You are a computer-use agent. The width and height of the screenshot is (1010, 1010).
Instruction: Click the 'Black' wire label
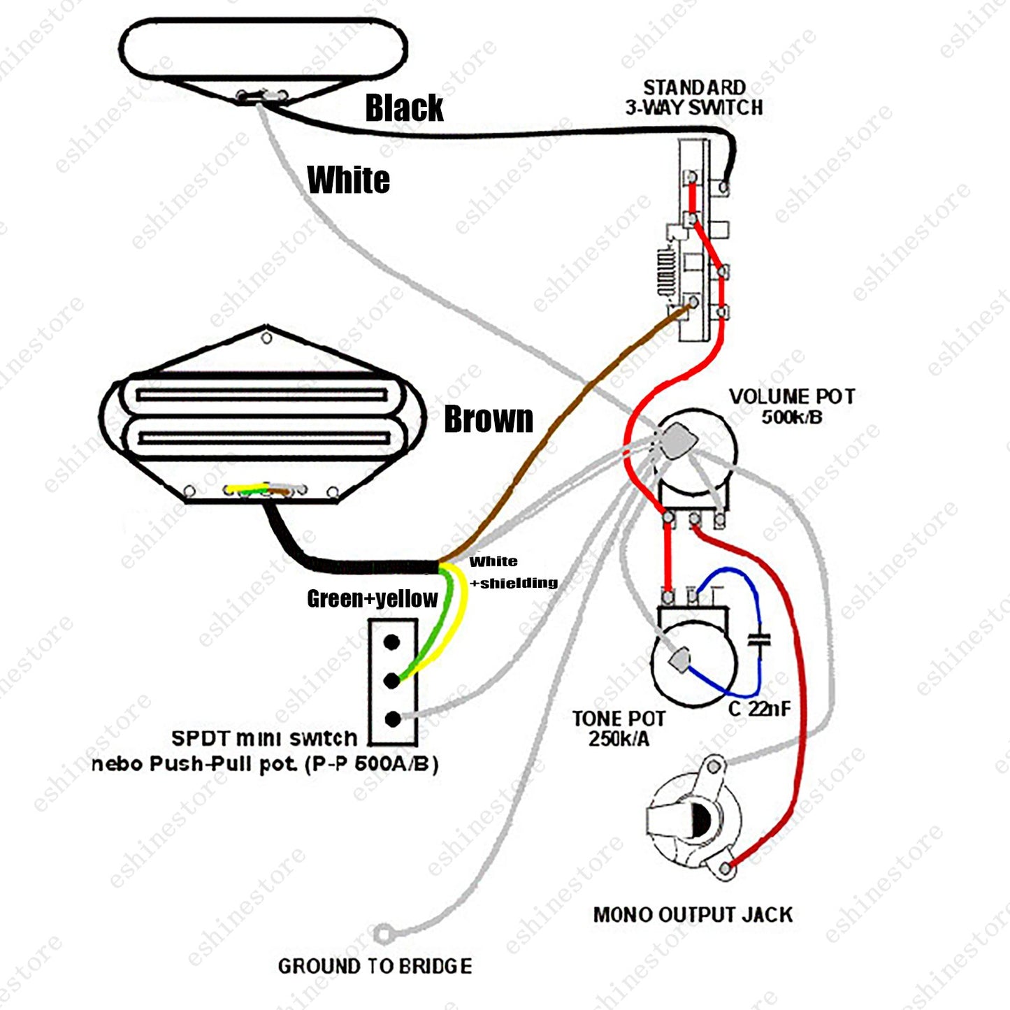[x=404, y=108]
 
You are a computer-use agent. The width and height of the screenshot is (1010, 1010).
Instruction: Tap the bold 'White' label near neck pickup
[x=349, y=180]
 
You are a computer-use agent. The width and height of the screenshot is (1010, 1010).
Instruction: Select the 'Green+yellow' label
[x=372, y=599]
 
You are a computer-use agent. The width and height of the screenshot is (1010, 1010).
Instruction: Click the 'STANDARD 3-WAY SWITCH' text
[x=694, y=97]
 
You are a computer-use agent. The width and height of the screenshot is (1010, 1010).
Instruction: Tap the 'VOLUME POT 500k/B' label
[x=792, y=406]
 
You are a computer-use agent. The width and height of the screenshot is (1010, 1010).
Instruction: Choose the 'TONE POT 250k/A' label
[x=619, y=728]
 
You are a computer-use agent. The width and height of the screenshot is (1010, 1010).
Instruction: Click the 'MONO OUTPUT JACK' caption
[x=693, y=915]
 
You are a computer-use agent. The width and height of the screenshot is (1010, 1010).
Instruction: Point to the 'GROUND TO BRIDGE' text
[x=375, y=966]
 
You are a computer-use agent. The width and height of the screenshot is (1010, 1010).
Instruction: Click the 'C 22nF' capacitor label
[x=760, y=709]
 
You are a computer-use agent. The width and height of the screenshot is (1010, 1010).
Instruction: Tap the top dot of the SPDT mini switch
[x=392, y=642]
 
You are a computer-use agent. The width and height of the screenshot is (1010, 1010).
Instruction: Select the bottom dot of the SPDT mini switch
[x=393, y=719]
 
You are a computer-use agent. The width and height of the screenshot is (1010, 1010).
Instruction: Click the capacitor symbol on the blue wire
[x=758, y=640]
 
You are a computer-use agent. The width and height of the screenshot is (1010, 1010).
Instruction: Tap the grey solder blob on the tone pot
[x=680, y=660]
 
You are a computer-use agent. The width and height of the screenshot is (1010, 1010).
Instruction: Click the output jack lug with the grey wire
[x=714, y=767]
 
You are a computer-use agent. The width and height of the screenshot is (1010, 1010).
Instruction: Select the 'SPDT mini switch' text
[x=265, y=739]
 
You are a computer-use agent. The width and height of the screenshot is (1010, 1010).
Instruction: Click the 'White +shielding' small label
[x=513, y=572]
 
